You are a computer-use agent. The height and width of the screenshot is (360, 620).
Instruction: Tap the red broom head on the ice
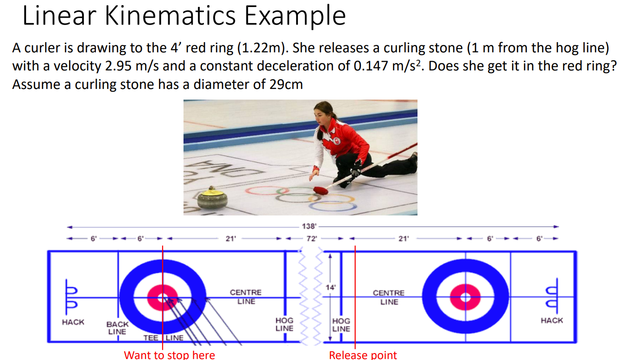(x=321, y=190)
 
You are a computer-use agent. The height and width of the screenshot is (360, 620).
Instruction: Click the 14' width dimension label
(x=330, y=287)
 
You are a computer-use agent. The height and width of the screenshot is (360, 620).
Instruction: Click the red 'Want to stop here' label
(x=169, y=355)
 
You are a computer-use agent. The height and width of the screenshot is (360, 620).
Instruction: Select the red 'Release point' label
(x=363, y=355)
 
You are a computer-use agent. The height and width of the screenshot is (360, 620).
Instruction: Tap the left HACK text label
(x=73, y=322)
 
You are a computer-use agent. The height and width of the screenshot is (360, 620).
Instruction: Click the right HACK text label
(x=551, y=320)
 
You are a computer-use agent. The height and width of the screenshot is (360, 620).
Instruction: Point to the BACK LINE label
(x=117, y=328)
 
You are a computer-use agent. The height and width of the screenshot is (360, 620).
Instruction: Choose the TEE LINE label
(x=163, y=338)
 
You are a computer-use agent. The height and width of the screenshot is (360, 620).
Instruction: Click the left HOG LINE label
(x=284, y=324)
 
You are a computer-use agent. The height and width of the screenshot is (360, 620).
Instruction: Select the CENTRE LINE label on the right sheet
(x=389, y=297)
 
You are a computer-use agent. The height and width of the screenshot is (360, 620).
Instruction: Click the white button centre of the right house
(x=466, y=297)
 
